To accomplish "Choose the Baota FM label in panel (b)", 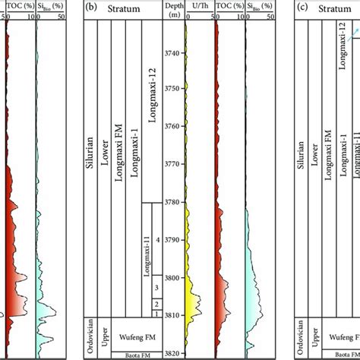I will tap(128, 354).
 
